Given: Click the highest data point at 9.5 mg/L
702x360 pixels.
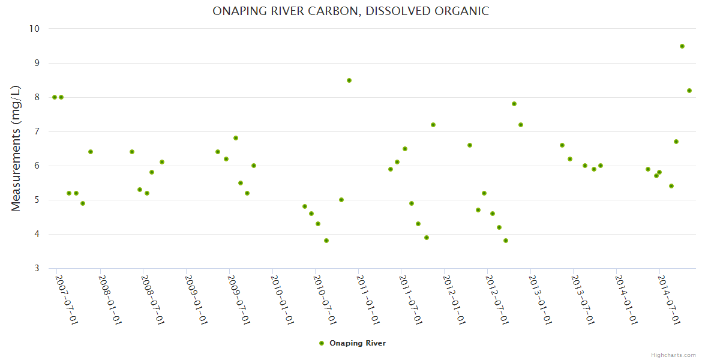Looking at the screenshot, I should pyautogui.click(x=682, y=46).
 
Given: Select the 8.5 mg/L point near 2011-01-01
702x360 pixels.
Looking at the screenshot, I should pyautogui.click(x=349, y=80).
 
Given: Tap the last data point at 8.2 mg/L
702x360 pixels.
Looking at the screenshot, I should pyautogui.click(x=689, y=91).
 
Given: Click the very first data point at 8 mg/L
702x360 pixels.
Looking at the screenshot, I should pyautogui.click(x=55, y=97).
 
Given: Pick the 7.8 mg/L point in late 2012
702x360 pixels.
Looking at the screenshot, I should pyautogui.click(x=514, y=104).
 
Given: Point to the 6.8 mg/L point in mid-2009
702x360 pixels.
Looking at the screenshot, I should pyautogui.click(x=236, y=138).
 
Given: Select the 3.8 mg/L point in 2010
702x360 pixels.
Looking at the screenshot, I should pyautogui.click(x=326, y=241).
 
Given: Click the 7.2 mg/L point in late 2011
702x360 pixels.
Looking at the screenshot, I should pyautogui.click(x=433, y=125).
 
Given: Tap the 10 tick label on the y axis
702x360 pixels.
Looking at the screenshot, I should pyautogui.click(x=34, y=29).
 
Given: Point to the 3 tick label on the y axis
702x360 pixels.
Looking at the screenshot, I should pyautogui.click(x=37, y=268).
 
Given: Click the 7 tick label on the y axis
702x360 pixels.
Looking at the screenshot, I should pyautogui.click(x=37, y=131).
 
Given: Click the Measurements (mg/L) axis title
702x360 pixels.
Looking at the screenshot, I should pyautogui.click(x=16, y=148).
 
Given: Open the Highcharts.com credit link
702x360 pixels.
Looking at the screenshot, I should pyautogui.click(x=673, y=355).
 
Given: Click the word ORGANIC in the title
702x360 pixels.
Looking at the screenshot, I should pyautogui.click(x=463, y=11).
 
